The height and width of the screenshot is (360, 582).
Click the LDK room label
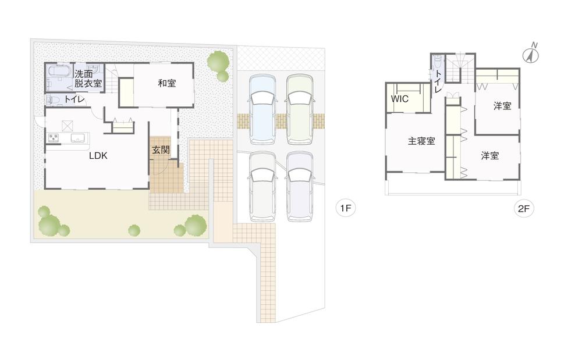click(x=97, y=156)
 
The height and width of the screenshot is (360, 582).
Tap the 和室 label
click(x=167, y=83)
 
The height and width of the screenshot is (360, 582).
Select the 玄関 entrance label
click(x=161, y=149)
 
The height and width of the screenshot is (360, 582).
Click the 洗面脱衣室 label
click(x=88, y=79)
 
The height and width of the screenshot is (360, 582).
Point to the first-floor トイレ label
click(x=74, y=100)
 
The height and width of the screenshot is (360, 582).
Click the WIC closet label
click(x=400, y=99)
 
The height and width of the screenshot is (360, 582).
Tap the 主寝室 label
click(x=421, y=141)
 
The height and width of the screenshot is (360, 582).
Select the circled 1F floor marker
click(x=346, y=208)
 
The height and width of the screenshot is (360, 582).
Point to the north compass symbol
click(x=531, y=54)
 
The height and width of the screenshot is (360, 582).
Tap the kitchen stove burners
click(x=54, y=138)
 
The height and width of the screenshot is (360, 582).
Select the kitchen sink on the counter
click(x=78, y=138)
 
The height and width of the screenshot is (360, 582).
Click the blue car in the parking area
click(x=261, y=109)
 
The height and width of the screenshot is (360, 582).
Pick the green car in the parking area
click(x=299, y=109)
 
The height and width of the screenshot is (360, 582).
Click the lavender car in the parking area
click(x=300, y=186)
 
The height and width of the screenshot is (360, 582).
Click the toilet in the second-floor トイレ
click(x=438, y=62)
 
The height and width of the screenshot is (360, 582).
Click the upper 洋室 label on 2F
click(x=502, y=106)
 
